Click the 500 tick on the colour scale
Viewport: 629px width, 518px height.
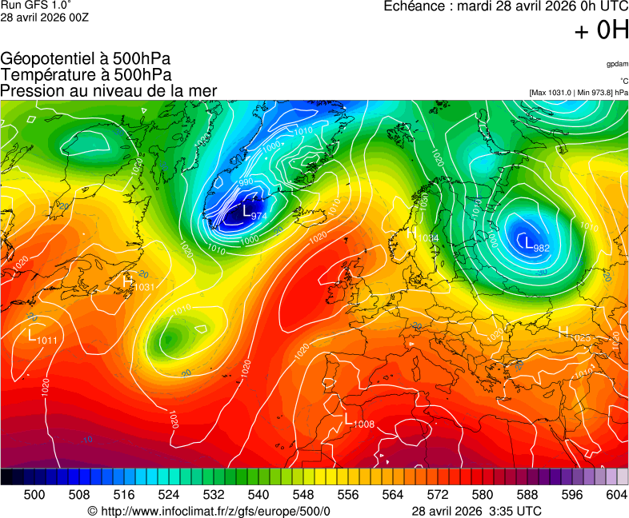click(34, 496)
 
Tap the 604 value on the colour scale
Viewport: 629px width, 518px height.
click(616, 496)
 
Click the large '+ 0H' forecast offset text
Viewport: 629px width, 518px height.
click(601, 30)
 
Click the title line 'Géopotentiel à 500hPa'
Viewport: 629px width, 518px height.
click(86, 59)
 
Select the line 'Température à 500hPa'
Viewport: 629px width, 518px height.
click(86, 74)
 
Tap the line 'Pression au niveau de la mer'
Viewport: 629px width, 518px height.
click(109, 90)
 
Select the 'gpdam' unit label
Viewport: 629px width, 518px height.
click(616, 63)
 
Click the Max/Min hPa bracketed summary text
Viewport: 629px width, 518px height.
click(578, 93)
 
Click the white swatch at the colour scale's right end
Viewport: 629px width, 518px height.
click(623, 476)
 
